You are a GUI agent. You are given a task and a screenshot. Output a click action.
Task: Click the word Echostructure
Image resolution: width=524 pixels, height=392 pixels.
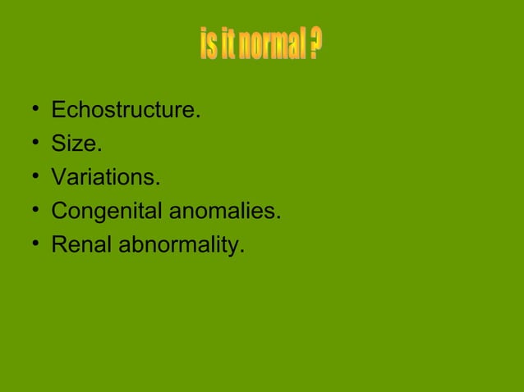point(124,111)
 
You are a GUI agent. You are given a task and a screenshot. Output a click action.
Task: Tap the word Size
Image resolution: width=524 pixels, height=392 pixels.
point(75,144)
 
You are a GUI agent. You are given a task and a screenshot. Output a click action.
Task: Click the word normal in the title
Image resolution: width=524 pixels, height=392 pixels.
point(271,46)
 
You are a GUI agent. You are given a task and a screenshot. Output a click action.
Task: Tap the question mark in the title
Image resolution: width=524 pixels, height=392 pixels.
point(315,46)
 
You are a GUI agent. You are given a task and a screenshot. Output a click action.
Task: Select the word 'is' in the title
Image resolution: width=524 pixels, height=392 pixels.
point(209,46)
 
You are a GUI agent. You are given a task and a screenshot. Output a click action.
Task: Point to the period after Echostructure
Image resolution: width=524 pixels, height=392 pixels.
point(198,117)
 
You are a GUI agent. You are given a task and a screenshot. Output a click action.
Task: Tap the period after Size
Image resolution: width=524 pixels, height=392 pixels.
point(100,151)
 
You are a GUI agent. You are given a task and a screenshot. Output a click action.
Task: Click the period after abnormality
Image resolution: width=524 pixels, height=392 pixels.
point(242,252)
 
